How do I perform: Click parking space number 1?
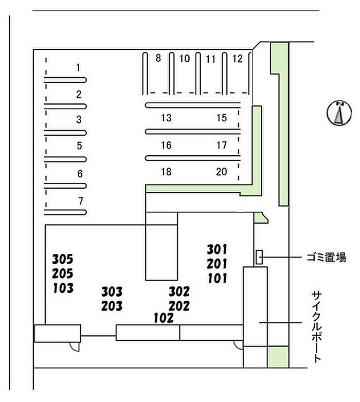(x=78, y=68)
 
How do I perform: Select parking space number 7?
(x=81, y=201)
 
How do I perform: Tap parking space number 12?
(x=237, y=59)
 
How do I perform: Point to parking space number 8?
(x=158, y=58)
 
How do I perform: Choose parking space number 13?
(x=166, y=118)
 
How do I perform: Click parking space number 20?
(x=222, y=172)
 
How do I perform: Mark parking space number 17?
(x=222, y=145)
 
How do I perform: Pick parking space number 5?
(x=80, y=146)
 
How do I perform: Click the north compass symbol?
(x=339, y=113)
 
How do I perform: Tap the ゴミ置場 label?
(x=327, y=258)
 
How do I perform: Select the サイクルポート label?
(x=316, y=327)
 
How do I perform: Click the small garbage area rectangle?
(x=259, y=257)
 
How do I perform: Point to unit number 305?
(x=63, y=259)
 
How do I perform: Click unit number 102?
(x=164, y=318)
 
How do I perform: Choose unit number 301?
(x=217, y=249)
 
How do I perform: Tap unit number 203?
(x=112, y=306)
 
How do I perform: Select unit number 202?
(x=179, y=306)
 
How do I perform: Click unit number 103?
(x=63, y=288)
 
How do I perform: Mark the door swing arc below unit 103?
(x=75, y=347)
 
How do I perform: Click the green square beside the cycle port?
(x=278, y=357)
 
